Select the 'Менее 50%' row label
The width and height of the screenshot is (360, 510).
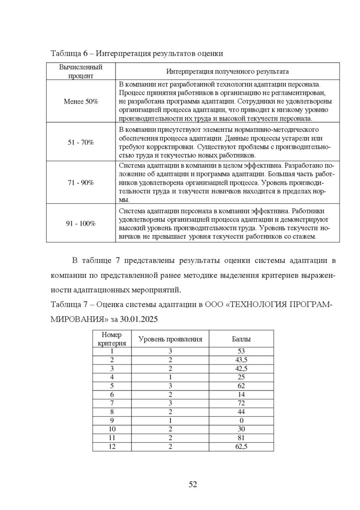click(81, 101)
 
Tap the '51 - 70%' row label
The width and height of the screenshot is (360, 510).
click(81, 142)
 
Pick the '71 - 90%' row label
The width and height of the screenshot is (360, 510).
click(81, 183)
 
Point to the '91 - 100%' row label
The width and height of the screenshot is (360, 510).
click(81, 224)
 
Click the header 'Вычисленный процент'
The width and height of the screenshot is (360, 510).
click(81, 71)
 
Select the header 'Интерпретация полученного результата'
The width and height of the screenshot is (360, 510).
click(228, 71)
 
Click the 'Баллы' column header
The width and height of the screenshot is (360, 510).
click(241, 339)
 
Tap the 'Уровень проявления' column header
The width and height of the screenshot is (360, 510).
click(170, 339)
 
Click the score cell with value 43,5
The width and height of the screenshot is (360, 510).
click(241, 360)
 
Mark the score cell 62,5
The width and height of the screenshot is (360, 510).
click(241, 447)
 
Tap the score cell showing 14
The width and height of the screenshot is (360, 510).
click(241, 394)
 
